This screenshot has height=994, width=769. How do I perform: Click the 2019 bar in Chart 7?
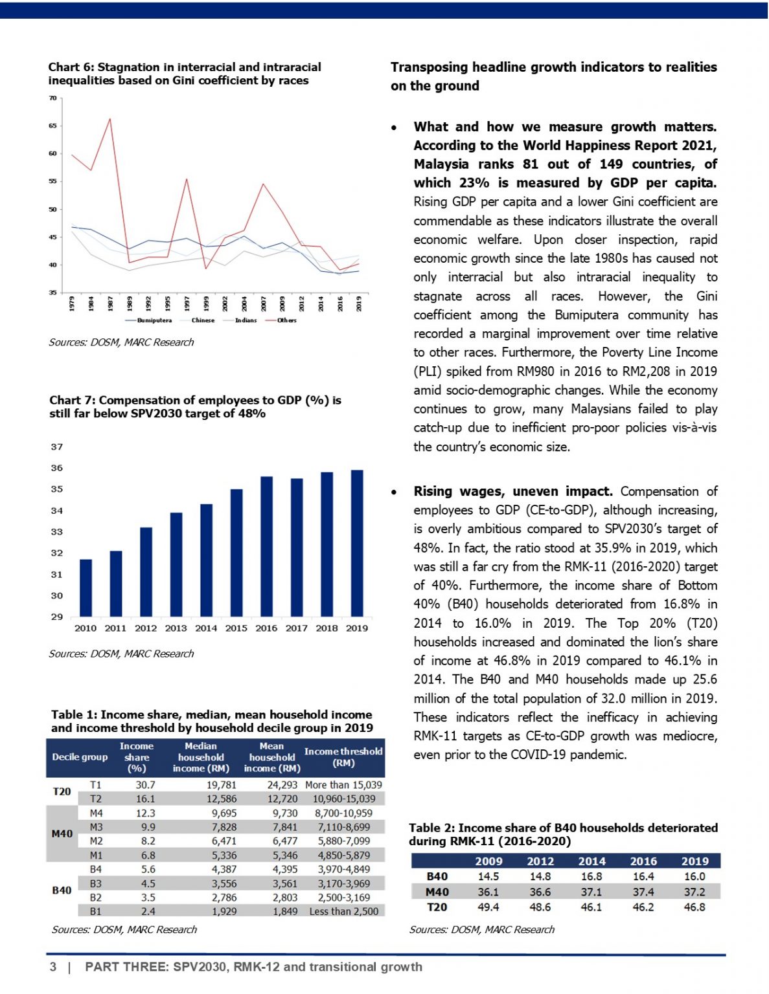tap(356, 543)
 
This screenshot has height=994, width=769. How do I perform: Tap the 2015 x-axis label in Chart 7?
tap(236, 628)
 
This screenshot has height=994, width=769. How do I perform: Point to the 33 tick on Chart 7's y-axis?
tap(57, 532)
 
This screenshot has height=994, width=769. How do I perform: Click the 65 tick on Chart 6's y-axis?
tap(52, 126)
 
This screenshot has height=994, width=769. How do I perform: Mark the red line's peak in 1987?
tap(109, 119)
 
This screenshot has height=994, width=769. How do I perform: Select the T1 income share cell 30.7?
tap(146, 784)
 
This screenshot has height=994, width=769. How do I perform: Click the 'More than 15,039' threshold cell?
tap(343, 784)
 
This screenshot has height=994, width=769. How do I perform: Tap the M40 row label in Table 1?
tap(62, 834)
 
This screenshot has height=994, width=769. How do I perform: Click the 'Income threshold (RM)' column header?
tap(343, 757)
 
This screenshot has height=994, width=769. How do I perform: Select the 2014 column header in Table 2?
tap(591, 861)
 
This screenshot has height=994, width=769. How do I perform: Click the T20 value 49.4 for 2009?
tap(488, 907)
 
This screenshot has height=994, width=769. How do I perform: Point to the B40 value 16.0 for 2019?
tap(694, 876)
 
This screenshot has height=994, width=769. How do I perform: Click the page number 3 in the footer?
tap(53, 967)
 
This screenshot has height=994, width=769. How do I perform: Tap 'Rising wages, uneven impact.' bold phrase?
tap(513, 491)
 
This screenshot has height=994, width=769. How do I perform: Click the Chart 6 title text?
tap(185, 74)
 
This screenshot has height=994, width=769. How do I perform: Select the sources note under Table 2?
tap(481, 929)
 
